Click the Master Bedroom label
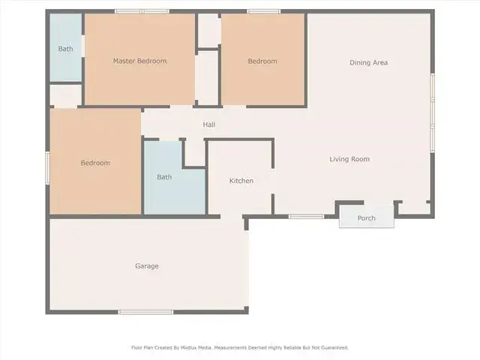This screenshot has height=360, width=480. [x=140, y=61]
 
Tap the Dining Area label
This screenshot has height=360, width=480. [x=368, y=63]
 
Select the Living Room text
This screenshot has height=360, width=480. [x=349, y=159]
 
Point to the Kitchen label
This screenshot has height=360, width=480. [x=241, y=181]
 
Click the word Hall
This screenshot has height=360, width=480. [x=209, y=124]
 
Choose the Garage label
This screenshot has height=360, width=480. [x=147, y=266]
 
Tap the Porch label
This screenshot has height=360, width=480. [x=367, y=218]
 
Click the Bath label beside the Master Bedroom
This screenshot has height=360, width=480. [x=65, y=49]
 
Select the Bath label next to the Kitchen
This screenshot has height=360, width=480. [x=164, y=177]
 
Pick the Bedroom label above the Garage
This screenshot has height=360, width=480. [x=95, y=163]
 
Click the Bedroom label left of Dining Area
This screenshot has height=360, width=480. [x=262, y=61]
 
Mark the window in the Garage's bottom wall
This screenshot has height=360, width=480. [x=145, y=312]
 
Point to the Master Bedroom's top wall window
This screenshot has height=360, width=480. [x=142, y=12]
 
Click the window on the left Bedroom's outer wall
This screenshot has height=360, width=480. [x=48, y=168]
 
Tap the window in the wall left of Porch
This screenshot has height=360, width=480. [x=306, y=217]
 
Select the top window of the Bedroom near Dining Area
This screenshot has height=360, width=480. [x=264, y=12]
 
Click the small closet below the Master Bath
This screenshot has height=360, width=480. [x=66, y=96]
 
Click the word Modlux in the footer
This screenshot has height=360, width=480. [x=189, y=348]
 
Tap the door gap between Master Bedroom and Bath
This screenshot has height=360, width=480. [x=83, y=46]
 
